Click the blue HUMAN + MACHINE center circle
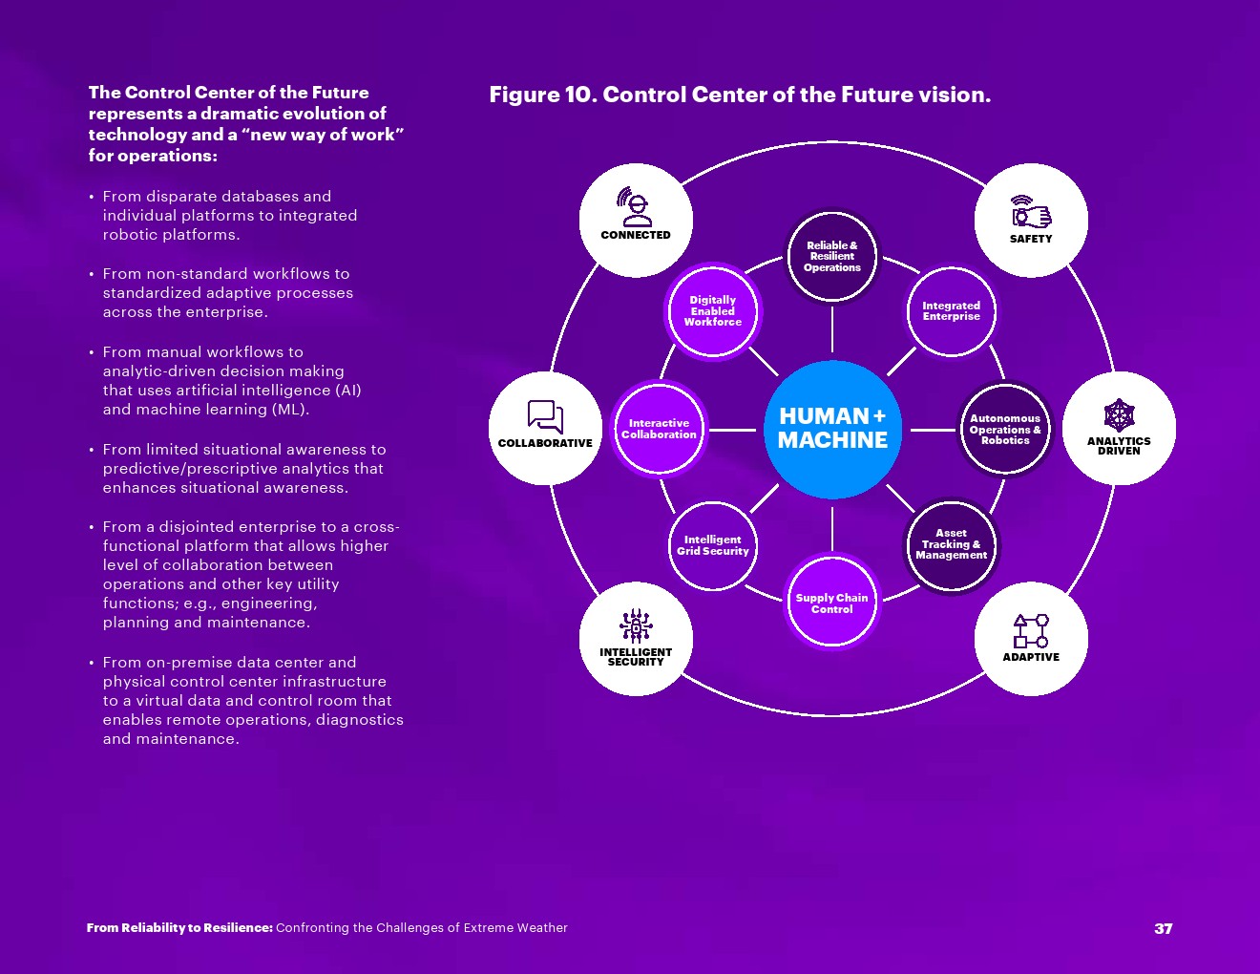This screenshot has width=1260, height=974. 832,429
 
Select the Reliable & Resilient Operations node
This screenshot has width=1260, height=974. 832,257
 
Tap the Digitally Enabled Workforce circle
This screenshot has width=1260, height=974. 712,311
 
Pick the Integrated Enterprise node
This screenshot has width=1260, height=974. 951,311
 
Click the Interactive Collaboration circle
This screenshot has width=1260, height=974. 659,429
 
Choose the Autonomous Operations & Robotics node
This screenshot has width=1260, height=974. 1005,430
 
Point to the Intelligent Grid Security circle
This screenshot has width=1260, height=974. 712,545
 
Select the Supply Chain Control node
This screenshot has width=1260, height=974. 832,603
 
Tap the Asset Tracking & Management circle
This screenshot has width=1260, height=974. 951,544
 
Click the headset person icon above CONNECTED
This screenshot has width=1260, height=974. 635,207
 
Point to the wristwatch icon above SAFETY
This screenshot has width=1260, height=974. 1031,213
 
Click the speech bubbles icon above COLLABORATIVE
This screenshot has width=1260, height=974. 545,417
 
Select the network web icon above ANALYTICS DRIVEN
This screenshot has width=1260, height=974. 1119,415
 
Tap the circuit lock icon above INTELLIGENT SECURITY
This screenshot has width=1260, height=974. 636,626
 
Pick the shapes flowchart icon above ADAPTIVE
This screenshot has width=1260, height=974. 1031,631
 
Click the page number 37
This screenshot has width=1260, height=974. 1163,928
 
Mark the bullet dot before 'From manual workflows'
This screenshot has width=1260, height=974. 92,353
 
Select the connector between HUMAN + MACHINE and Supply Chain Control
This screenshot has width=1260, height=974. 832,528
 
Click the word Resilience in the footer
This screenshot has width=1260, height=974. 238,928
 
